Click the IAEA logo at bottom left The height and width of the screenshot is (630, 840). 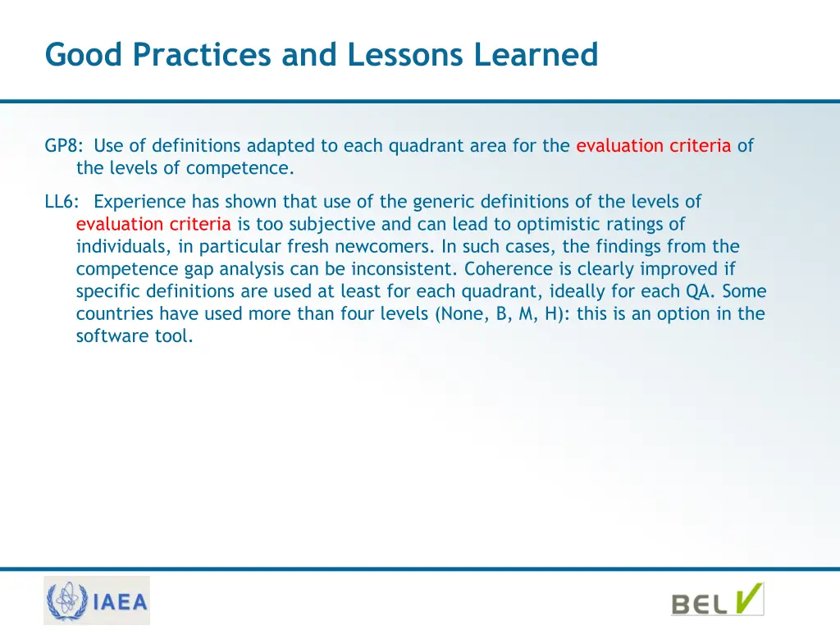coord(97,601)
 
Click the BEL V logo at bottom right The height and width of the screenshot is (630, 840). coord(717,600)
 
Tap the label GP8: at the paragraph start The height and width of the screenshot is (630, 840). coord(63,146)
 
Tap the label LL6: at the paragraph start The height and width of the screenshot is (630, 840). coord(62,202)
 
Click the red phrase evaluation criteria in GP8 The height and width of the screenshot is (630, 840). coord(653,146)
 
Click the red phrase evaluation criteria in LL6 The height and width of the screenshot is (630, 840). coord(153,224)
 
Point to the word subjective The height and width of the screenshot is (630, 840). coord(324,224)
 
